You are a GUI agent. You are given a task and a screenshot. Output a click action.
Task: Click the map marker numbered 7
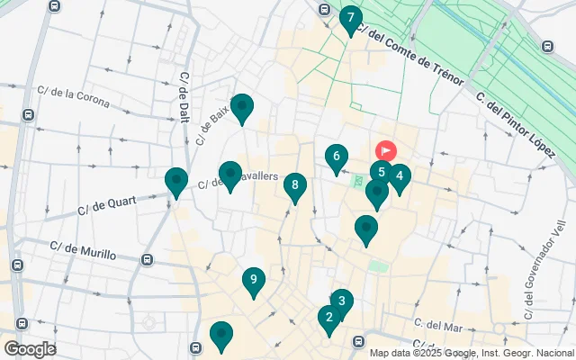(351, 18)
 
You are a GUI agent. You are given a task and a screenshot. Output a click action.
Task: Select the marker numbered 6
(337, 157)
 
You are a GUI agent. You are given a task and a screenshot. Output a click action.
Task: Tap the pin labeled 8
(294, 186)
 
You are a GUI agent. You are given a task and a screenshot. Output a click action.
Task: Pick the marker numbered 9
(254, 280)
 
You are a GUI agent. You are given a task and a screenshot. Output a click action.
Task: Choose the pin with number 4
(400, 176)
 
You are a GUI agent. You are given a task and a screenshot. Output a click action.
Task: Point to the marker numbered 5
(382, 172)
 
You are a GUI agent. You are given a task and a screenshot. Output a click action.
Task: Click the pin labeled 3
(341, 301)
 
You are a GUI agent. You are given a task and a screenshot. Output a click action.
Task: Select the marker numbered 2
(329, 317)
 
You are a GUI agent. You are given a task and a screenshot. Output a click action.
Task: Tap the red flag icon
(386, 150)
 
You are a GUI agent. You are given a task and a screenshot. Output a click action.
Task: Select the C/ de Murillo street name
(84, 249)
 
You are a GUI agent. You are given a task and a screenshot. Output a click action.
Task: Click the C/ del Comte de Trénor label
(409, 55)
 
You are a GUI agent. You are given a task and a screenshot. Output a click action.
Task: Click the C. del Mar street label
(437, 324)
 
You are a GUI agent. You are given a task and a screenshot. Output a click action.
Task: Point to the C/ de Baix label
(213, 125)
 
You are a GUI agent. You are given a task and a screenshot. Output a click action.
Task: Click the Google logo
(29, 349)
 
